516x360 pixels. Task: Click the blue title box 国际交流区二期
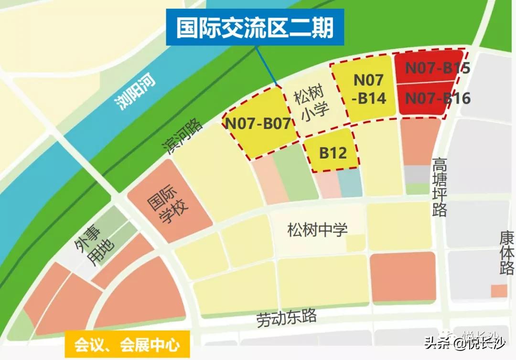point(256,28)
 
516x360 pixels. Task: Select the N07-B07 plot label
point(258,124)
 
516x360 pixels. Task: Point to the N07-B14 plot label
point(369,89)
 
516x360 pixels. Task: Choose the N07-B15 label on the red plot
point(438,68)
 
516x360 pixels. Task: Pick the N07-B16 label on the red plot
point(438,98)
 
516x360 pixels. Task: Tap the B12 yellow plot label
point(333,153)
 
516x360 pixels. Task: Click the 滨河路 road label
point(183,137)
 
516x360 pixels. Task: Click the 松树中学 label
point(318,230)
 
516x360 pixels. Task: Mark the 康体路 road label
point(506,253)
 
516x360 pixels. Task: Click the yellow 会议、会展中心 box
point(127,344)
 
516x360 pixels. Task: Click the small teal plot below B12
point(350,184)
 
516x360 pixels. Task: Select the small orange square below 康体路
point(499,290)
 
